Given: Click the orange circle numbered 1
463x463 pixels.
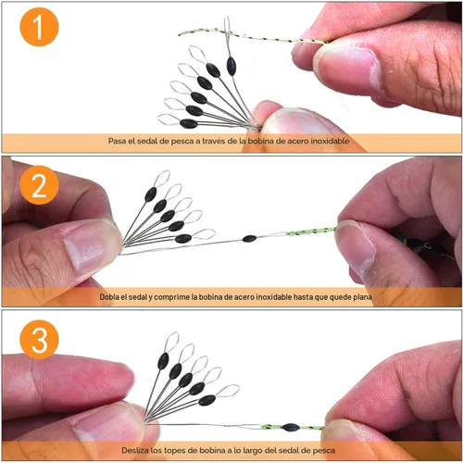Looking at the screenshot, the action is (x=39, y=27).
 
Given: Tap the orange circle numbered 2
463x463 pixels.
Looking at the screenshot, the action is (x=39, y=185).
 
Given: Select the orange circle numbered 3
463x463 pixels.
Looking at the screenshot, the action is (x=39, y=340).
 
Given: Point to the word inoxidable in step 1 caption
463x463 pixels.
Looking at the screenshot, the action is (x=330, y=141).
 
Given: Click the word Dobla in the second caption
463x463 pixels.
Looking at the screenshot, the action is (x=109, y=297).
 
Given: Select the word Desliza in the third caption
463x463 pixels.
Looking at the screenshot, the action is (x=135, y=450).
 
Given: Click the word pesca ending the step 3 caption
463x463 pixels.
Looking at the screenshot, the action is (x=324, y=451).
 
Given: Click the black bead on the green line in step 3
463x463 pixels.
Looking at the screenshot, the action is (x=291, y=428).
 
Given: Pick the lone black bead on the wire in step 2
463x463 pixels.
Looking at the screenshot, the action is (x=249, y=238).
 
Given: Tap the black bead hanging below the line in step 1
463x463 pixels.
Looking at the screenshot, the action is (x=231, y=66).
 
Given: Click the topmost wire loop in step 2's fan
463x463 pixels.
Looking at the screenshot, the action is (x=162, y=179).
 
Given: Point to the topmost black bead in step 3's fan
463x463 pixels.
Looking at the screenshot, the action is (x=163, y=361).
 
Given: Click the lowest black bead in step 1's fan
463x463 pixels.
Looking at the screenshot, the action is (x=189, y=124).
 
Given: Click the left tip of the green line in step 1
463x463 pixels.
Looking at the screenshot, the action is (x=180, y=35).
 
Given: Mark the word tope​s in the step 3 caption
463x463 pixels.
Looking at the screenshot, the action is (x=175, y=451).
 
